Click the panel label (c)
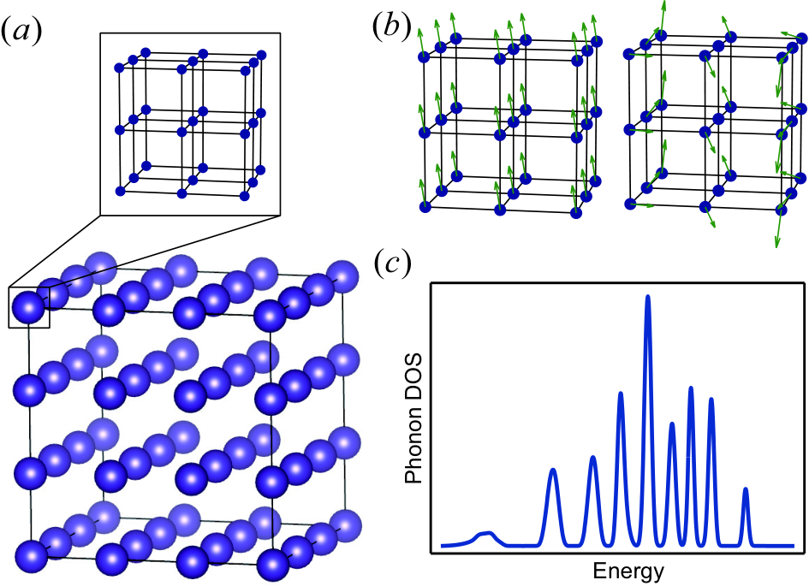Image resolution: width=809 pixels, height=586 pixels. [391, 263]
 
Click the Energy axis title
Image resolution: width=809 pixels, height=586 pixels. [628, 571]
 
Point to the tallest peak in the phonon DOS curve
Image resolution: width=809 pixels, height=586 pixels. [648, 297]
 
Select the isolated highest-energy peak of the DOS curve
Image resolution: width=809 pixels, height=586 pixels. [745, 489]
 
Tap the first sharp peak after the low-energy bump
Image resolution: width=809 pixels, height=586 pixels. [553, 470]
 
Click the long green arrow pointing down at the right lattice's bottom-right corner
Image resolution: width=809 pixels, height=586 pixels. [778, 228]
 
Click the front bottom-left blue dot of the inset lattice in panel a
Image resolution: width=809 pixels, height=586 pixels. [120, 192]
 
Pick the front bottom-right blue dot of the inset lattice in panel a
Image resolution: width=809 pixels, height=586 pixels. [245, 196]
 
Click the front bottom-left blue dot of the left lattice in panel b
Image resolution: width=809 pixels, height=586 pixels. [425, 207]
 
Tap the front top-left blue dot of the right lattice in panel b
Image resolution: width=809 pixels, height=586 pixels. [629, 54]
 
